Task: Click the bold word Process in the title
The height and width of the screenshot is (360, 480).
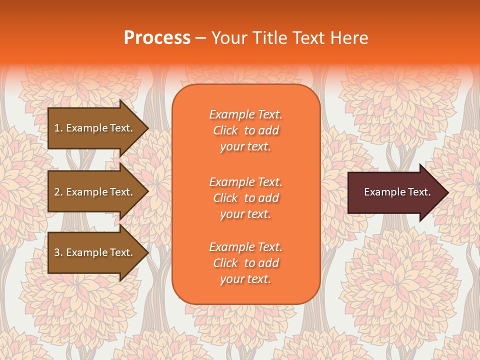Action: [157, 38]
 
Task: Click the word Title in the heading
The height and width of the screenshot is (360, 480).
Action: [269, 38]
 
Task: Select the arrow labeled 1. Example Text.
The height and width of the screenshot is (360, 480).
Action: [95, 128]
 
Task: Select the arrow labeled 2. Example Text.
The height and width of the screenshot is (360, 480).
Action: [95, 192]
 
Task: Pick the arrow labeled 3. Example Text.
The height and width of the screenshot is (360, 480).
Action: [95, 252]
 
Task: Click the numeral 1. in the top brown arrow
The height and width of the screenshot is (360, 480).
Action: [58, 128]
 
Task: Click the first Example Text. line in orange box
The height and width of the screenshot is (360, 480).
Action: [245, 114]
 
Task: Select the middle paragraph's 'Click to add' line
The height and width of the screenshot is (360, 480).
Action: [245, 198]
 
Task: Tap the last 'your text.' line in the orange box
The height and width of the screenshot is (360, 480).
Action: [245, 279]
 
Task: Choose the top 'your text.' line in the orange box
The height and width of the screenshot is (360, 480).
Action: [245, 146]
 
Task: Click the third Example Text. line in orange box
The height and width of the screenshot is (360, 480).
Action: [245, 247]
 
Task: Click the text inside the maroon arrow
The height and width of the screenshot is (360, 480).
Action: [397, 192]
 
